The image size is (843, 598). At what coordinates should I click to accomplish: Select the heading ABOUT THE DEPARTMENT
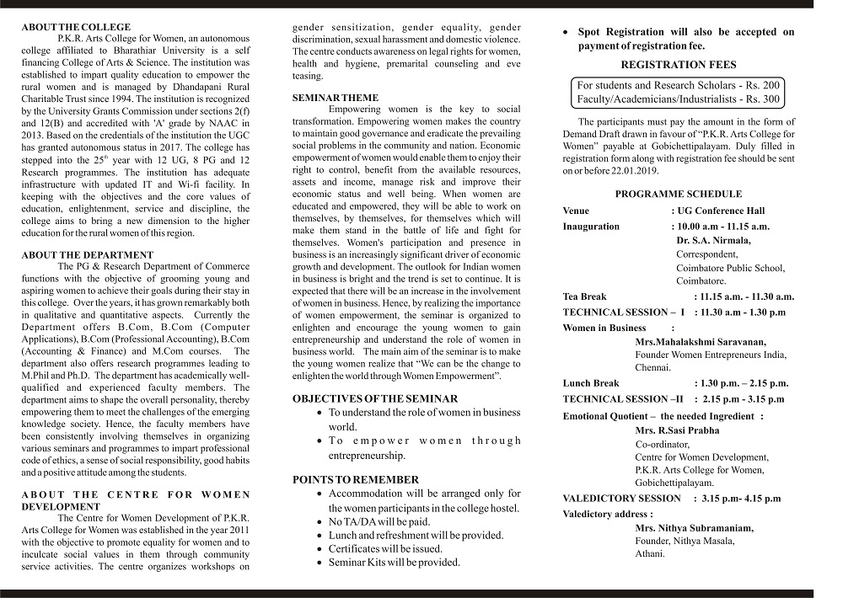pyautogui.click(x=87, y=254)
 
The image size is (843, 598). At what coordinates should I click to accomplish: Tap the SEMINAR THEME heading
pyautogui.click(x=335, y=98)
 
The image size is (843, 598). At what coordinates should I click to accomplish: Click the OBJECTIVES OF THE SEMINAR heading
pyautogui.click(x=375, y=398)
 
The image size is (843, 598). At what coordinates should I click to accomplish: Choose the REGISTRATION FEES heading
pyautogui.click(x=678, y=65)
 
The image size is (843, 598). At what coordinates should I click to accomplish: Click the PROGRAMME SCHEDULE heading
pyautogui.click(x=678, y=194)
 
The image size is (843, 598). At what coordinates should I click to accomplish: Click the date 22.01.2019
pyautogui.click(x=637, y=170)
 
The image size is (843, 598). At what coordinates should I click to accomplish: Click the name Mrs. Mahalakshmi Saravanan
pyautogui.click(x=701, y=341)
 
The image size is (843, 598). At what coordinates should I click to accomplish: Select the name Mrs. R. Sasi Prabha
pyautogui.click(x=677, y=430)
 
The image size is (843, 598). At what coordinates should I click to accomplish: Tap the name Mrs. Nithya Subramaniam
pyautogui.click(x=694, y=528)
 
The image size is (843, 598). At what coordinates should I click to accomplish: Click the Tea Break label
pyautogui.click(x=584, y=296)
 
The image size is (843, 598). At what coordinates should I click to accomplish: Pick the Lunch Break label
pyautogui.click(x=590, y=383)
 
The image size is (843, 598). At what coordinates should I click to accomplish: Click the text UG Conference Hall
pyautogui.click(x=721, y=211)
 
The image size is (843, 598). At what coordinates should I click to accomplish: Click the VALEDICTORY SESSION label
pyautogui.click(x=621, y=499)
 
